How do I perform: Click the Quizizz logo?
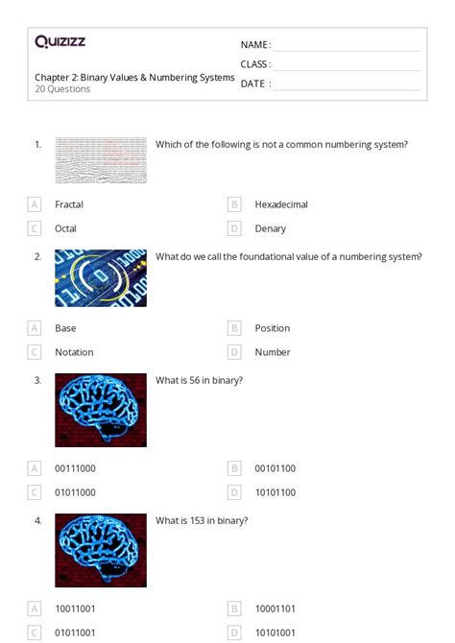click(60, 41)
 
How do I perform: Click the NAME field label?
click(254, 45)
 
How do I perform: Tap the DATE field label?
click(254, 83)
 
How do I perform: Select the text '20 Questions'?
click(62, 89)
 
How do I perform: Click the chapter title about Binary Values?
click(134, 77)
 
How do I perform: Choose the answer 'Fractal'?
click(69, 204)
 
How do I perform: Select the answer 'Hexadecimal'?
click(281, 204)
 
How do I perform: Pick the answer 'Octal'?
click(65, 228)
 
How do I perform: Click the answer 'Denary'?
click(271, 228)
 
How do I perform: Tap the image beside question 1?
click(101, 160)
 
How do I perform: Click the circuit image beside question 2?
click(101, 278)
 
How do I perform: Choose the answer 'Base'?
click(65, 328)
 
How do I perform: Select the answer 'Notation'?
click(74, 352)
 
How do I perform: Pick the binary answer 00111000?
click(75, 468)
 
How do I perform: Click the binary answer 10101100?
click(275, 492)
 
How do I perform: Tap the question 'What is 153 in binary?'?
click(202, 520)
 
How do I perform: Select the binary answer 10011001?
click(75, 608)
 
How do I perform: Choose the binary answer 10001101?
click(275, 608)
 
